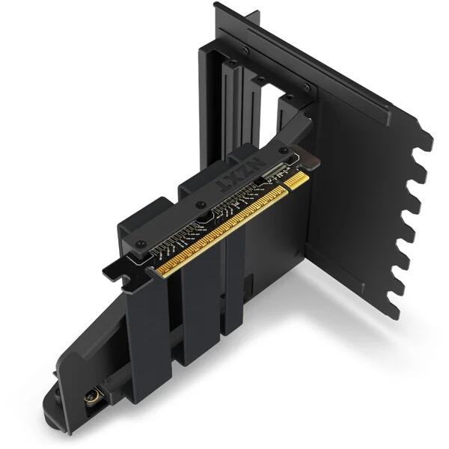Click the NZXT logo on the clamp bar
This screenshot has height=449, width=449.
[x=241, y=177]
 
